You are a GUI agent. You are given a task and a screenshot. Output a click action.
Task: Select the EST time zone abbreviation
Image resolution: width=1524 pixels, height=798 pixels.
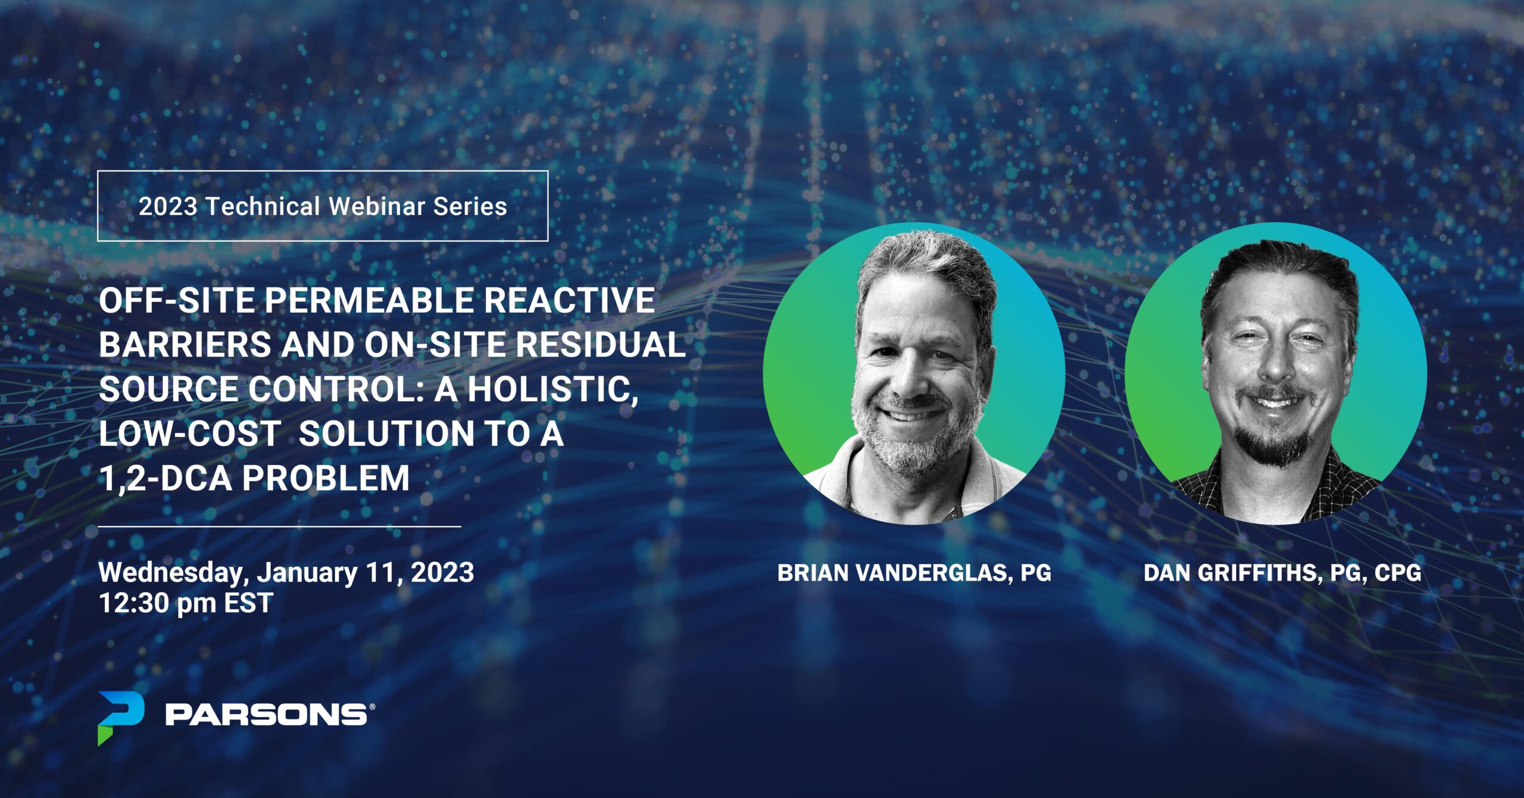click(x=248, y=603)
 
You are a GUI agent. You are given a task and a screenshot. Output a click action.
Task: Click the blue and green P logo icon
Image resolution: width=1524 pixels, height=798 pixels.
click(x=121, y=718)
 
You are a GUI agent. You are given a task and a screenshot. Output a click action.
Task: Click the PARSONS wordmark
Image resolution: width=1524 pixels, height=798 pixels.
click(x=266, y=714)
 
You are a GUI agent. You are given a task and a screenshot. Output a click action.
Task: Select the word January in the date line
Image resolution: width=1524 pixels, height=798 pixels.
click(x=307, y=573)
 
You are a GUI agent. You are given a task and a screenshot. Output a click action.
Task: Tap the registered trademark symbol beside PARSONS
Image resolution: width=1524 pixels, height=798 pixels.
click(x=372, y=707)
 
